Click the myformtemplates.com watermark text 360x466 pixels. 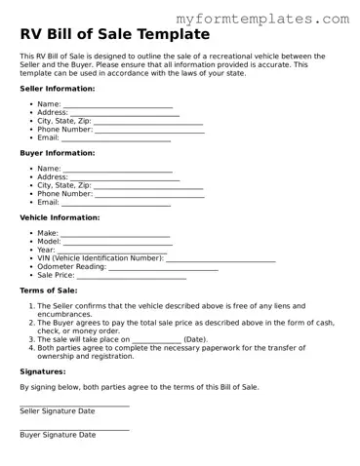pyautogui.click(x=262, y=19)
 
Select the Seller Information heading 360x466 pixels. pyautogui.click(x=58, y=88)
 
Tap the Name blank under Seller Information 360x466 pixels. pyautogui.click(x=118, y=105)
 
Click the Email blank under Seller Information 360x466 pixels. pyautogui.click(x=116, y=139)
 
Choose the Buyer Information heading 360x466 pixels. pyautogui.click(x=58, y=153)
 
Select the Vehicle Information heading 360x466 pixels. pyautogui.click(x=60, y=217)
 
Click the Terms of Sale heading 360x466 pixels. pyautogui.click(x=49, y=291)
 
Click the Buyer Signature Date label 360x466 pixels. pyautogui.click(x=58, y=435)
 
